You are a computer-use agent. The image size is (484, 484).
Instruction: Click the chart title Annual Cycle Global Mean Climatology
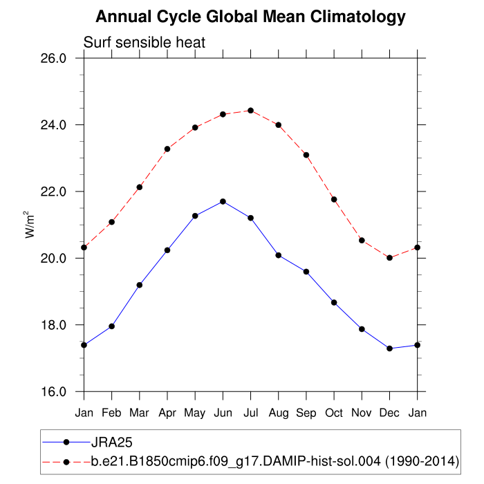250,17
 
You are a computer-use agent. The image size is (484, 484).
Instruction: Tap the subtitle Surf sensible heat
145,43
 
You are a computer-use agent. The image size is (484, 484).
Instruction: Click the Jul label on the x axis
250,412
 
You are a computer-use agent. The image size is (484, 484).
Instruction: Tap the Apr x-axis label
167,412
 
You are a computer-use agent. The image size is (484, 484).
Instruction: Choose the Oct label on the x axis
334,412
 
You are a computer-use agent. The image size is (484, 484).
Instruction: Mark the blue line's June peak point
223,201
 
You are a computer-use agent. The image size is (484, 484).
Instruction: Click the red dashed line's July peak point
250,111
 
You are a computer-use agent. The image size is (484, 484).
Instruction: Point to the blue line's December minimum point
390,348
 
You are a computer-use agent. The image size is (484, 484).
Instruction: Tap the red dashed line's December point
390,258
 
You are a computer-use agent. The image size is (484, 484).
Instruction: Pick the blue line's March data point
140,285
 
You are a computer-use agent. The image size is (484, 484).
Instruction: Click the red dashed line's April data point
167,149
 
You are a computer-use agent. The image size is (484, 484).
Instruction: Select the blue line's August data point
279,255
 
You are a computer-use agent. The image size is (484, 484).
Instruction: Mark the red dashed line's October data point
334,199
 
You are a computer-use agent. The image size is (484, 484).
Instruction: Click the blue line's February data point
111,326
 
